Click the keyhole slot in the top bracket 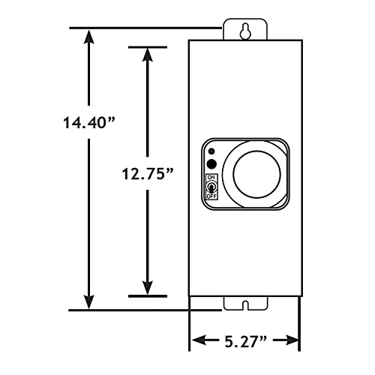click(244, 31)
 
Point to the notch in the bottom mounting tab click(244, 304)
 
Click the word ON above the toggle click(211, 177)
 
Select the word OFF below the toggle click(211, 196)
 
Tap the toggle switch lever click(211, 186)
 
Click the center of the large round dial click(256, 173)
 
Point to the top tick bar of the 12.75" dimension click(147, 47)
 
